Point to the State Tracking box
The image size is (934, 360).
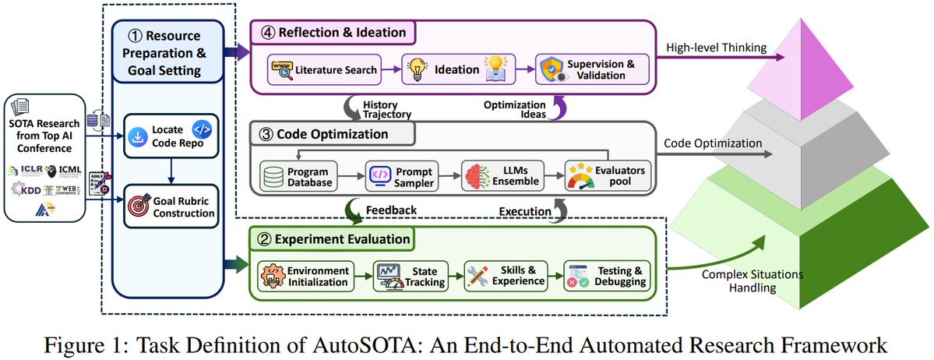pyautogui.click(x=411, y=276)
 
